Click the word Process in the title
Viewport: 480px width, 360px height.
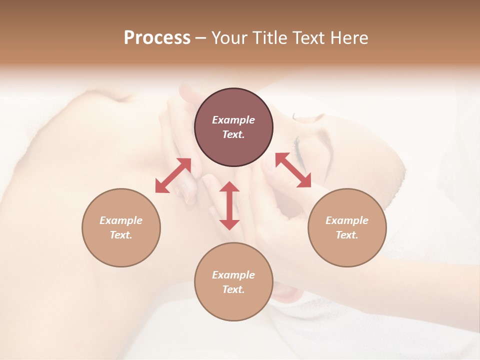157,38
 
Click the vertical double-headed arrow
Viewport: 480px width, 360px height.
229,205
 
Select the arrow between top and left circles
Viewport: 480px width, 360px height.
173,175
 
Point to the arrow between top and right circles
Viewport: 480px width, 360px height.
293,170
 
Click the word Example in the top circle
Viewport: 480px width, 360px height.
233,120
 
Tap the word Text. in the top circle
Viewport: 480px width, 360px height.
233,134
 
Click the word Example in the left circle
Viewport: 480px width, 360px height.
121,220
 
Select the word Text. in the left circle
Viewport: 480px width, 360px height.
121,235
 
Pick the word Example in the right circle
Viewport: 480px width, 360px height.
347,220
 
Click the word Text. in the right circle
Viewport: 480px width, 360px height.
347,235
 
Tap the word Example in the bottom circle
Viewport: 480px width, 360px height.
233,275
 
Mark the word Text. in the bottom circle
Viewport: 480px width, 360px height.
233,289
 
